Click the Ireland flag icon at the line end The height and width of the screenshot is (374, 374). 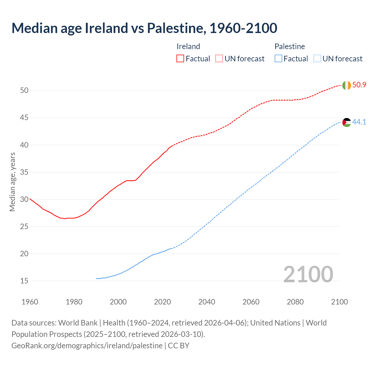click(x=347, y=85)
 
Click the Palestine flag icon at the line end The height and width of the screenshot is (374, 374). click(x=347, y=122)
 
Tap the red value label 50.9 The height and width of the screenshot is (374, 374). click(x=359, y=85)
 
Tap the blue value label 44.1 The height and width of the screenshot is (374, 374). click(x=359, y=122)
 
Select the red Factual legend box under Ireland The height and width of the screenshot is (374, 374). click(x=180, y=59)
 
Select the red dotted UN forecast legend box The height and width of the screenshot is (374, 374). click(x=219, y=59)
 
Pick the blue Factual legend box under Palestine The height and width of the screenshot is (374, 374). click(x=278, y=59)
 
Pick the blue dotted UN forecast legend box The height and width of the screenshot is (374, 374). click(x=317, y=59)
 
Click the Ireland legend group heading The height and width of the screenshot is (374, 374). click(x=188, y=46)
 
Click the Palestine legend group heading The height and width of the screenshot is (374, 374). click(x=290, y=46)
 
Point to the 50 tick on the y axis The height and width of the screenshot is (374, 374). click(x=24, y=91)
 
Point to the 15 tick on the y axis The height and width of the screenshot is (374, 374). click(x=24, y=281)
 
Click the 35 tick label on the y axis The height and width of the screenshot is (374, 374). click(x=24, y=172)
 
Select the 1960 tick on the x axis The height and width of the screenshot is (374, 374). click(x=30, y=302)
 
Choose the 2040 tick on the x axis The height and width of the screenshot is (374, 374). click(x=207, y=302)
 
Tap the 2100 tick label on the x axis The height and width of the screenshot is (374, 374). click(x=339, y=302)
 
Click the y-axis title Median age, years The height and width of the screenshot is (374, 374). click(x=12, y=182)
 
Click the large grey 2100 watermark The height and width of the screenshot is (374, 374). click(x=308, y=274)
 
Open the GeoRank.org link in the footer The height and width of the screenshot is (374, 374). click(x=87, y=346)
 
